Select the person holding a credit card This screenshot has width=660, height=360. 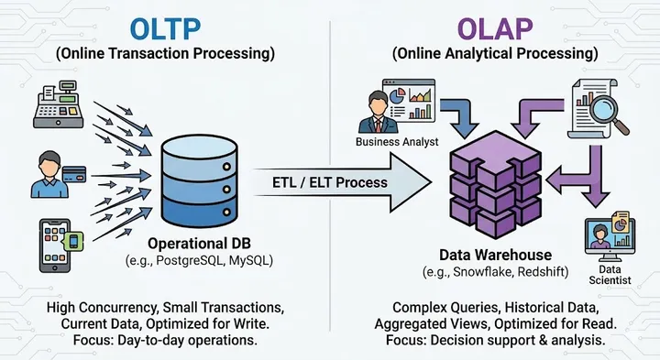(50, 175)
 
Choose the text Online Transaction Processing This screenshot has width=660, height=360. (165, 54)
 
